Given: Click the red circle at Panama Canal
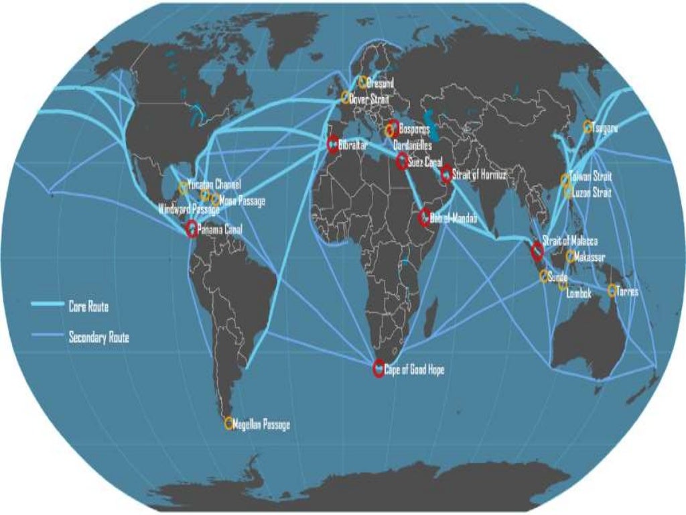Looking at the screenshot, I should coord(192,229).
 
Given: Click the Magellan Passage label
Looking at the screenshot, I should coord(261,424).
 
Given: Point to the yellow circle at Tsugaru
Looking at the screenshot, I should coord(588,127).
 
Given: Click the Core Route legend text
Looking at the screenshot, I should coord(88,306).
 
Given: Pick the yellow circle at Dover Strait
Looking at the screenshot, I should coord(346,97).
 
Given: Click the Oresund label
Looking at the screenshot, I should coord(380,83).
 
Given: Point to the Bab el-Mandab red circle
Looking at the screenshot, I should coord(425,218).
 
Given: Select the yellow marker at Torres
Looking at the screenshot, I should coord(612,290).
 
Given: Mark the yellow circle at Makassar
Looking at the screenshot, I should coord(570,257).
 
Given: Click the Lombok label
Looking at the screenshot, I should coord(579,293).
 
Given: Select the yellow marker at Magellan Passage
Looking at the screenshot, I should coord(228,423).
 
